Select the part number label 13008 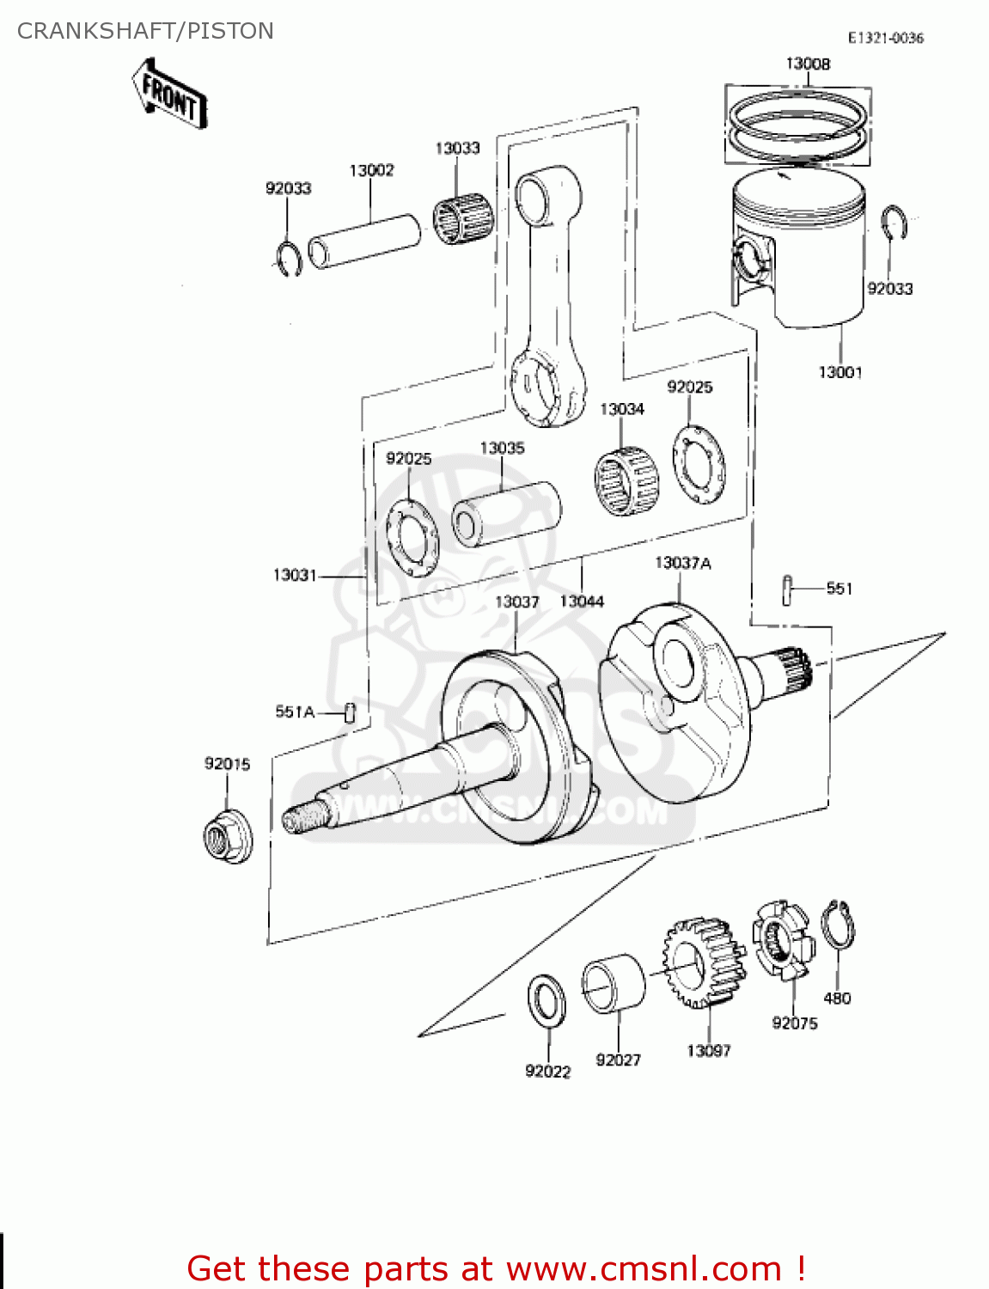[808, 64]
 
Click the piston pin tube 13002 [364, 241]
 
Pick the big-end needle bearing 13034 [627, 481]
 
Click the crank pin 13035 [506, 513]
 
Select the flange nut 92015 [228, 836]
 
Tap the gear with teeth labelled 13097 [703, 962]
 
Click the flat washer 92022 [546, 1000]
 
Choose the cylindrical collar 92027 [613, 984]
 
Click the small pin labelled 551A [350, 712]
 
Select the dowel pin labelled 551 [786, 590]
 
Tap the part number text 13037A [682, 563]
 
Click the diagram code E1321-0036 [885, 38]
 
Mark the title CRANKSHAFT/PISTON [145, 31]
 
